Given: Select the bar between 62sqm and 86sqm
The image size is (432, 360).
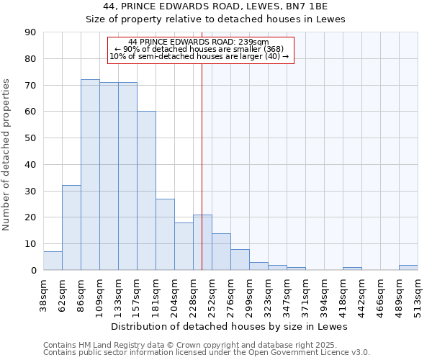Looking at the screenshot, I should (x=71, y=228).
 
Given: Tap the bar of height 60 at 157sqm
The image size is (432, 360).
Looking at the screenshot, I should (x=146, y=191).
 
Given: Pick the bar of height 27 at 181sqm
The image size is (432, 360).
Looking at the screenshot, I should (x=165, y=235).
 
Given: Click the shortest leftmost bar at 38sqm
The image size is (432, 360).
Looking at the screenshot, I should (x=53, y=261).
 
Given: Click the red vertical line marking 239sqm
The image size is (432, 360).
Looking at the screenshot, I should (x=202, y=166).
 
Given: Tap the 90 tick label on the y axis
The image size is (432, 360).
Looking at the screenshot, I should (x=30, y=32).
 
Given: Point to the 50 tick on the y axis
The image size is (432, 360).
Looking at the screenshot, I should (x=30, y=138).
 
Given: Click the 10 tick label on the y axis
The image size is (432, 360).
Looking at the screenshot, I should (x=30, y=244).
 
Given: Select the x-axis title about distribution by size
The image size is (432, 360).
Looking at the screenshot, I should (x=230, y=326).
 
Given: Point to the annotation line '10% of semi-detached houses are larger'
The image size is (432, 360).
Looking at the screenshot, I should (x=199, y=56).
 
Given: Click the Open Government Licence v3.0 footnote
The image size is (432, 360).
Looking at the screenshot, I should (x=206, y=352).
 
